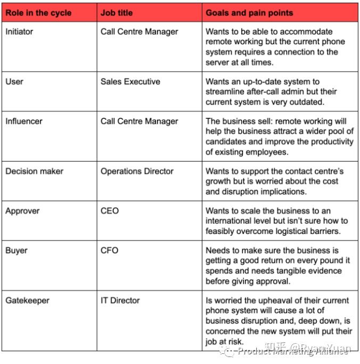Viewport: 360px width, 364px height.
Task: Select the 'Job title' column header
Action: [117, 12]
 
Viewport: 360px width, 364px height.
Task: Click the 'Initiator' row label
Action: [19, 31]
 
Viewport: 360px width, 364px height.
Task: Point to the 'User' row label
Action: [14, 82]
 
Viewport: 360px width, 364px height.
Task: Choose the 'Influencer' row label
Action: [24, 121]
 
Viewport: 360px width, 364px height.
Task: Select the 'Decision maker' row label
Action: [35, 171]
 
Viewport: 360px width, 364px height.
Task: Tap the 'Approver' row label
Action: [21, 211]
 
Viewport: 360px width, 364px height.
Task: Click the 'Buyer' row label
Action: [17, 250]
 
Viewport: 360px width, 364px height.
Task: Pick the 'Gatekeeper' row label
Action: [27, 300]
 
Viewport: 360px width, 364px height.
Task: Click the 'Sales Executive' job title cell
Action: [130, 82]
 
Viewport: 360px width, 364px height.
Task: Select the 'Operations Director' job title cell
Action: [137, 171]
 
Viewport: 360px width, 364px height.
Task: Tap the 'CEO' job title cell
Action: [110, 211]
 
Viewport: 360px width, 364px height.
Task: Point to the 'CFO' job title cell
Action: [110, 250]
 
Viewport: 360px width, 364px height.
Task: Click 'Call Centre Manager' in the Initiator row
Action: [140, 31]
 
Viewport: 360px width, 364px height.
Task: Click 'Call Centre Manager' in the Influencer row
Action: [140, 121]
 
